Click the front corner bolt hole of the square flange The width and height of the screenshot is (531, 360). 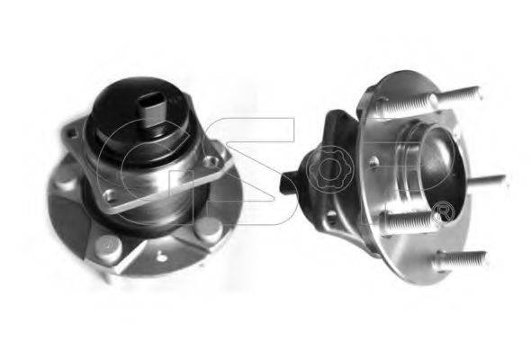pyautogui.click(x=110, y=194)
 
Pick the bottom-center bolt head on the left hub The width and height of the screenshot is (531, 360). pyautogui.click(x=109, y=245)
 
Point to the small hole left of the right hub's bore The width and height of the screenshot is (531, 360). pyautogui.click(x=374, y=163)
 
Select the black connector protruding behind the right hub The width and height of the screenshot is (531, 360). pyautogui.click(x=288, y=184)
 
